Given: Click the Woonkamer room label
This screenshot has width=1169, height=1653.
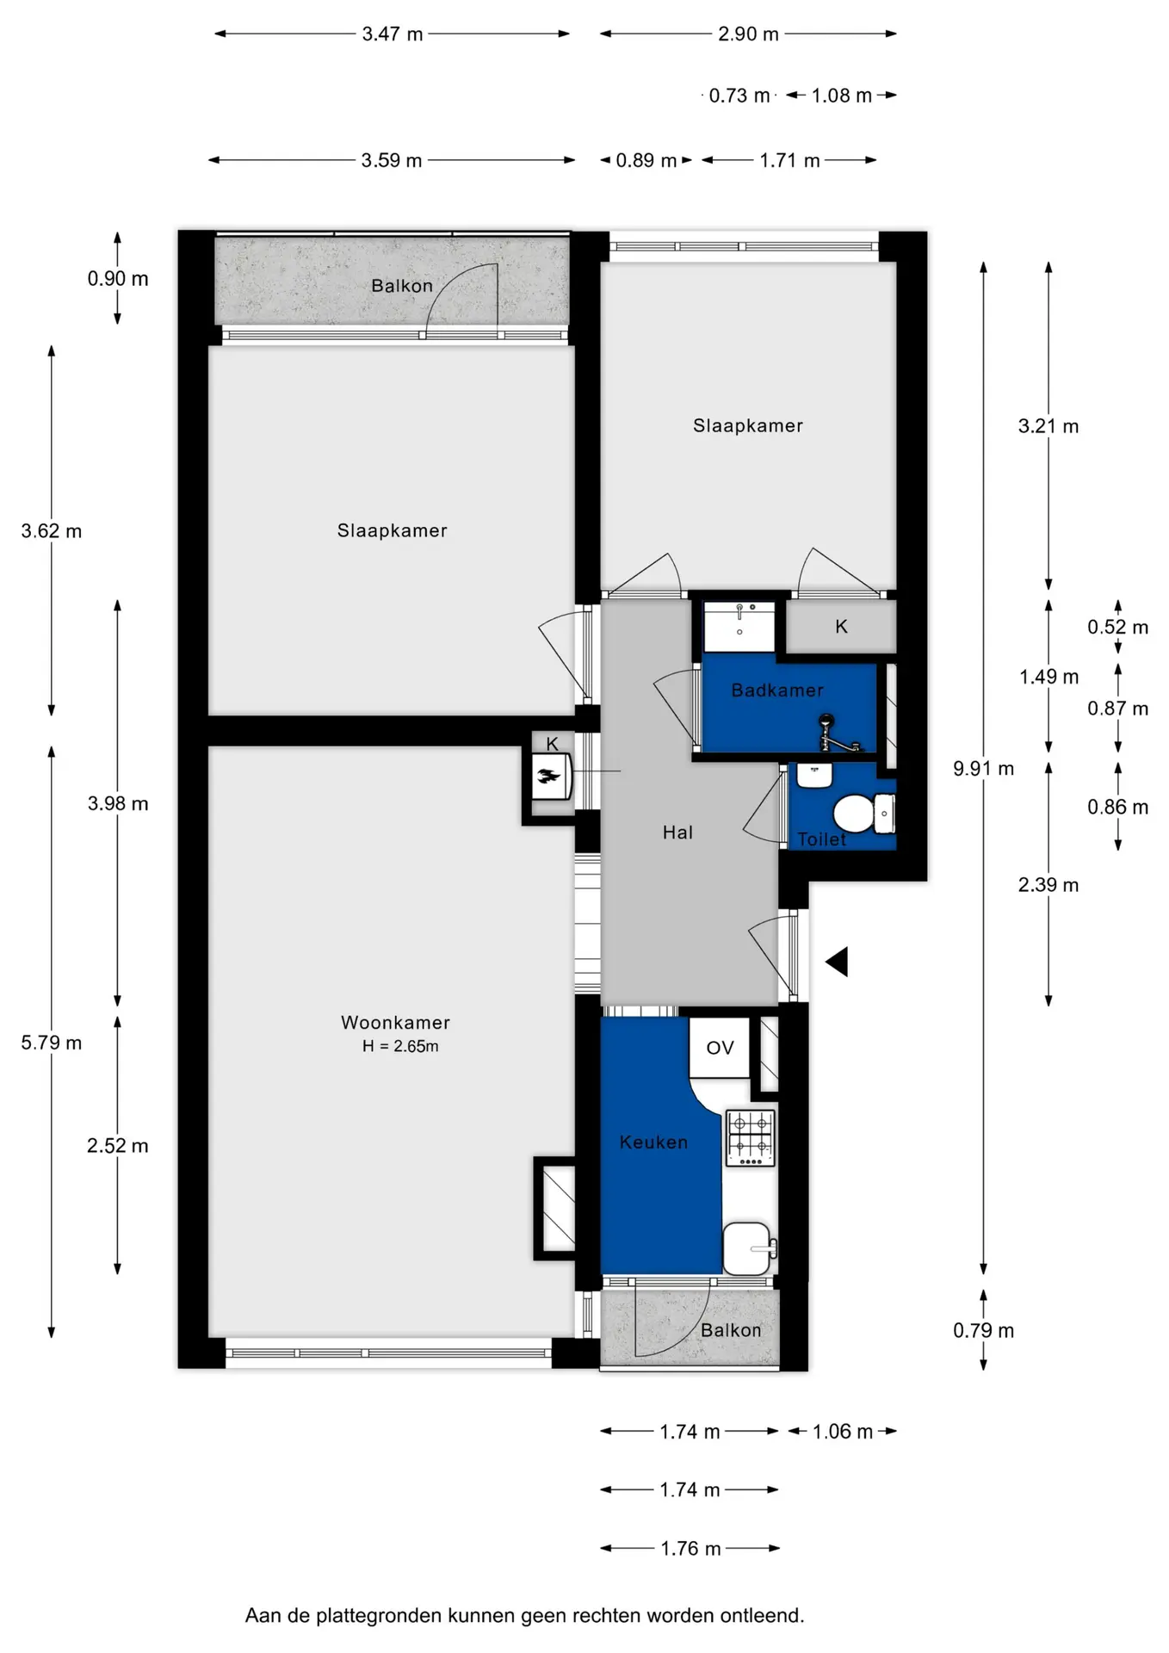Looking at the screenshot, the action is click(395, 1023).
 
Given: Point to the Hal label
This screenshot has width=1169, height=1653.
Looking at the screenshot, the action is click(677, 833).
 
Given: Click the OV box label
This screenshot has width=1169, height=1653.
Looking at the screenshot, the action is click(720, 1048).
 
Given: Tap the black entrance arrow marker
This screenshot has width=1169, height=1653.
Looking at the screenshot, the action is click(837, 962).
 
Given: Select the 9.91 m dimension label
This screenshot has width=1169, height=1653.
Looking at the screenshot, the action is click(983, 768).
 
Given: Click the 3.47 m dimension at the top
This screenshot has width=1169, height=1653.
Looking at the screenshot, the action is click(393, 34).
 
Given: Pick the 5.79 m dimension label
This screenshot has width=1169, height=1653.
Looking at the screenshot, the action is click(52, 1043).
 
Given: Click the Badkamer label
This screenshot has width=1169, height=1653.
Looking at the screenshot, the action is click(777, 690).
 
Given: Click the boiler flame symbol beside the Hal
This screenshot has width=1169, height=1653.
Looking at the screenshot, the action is click(548, 777).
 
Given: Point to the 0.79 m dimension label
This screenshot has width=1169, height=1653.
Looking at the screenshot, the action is click(983, 1330).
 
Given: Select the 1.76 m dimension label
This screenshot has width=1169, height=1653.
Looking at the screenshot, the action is click(690, 1548).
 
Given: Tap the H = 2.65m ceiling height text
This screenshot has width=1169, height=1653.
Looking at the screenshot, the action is click(400, 1046).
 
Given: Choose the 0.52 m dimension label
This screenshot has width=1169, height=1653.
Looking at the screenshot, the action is click(1117, 627).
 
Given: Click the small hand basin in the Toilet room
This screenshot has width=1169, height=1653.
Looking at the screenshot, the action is click(813, 775).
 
